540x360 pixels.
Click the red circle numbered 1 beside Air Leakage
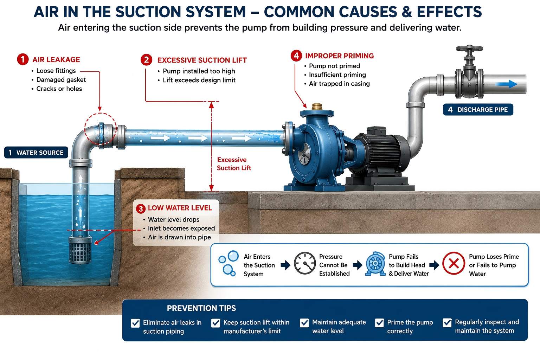click(x=22, y=59)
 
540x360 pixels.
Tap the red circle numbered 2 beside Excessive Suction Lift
click(x=146, y=60)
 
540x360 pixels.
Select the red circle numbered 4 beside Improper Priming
click(x=296, y=56)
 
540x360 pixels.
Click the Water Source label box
click(x=36, y=152)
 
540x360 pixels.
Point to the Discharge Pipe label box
click(x=478, y=110)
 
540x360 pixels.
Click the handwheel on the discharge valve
click(x=469, y=49)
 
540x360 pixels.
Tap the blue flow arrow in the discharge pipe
click(x=507, y=84)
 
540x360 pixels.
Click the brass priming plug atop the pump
click(x=317, y=107)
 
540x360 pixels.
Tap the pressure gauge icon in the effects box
click(x=305, y=263)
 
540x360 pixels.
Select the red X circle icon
click(x=454, y=263)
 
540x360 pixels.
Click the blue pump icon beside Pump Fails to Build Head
click(x=375, y=264)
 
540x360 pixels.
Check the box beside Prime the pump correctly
click(x=380, y=323)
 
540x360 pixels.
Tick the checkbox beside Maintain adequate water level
click(x=304, y=323)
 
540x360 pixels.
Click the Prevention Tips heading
click(x=201, y=308)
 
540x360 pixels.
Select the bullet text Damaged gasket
click(x=61, y=80)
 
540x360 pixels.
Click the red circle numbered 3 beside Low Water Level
click(x=141, y=208)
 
